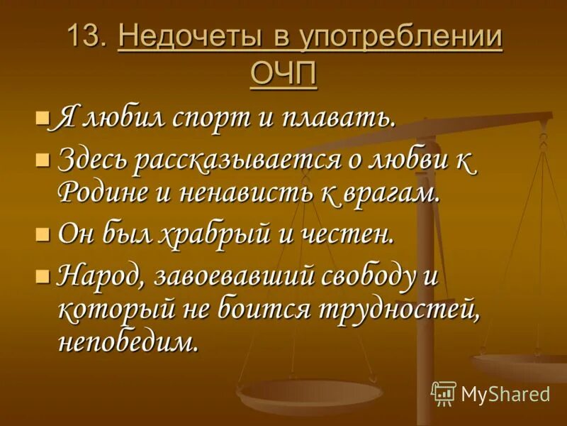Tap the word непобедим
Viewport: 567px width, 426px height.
tap(127, 343)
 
